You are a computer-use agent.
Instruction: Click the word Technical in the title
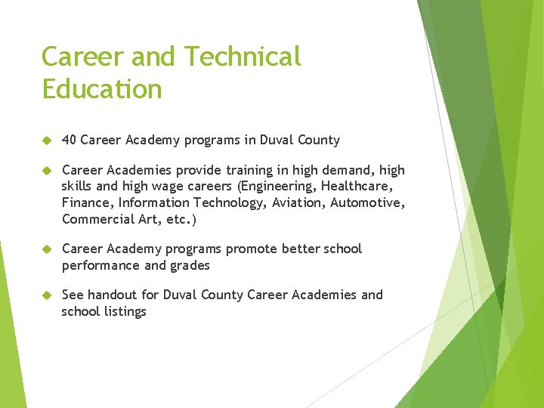(243, 56)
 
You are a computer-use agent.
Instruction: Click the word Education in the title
(102, 89)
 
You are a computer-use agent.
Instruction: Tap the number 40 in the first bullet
(69, 140)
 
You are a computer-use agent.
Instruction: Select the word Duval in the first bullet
(277, 140)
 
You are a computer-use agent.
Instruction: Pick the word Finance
(86, 202)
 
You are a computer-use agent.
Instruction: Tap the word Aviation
(297, 202)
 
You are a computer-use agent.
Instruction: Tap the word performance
(101, 265)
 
